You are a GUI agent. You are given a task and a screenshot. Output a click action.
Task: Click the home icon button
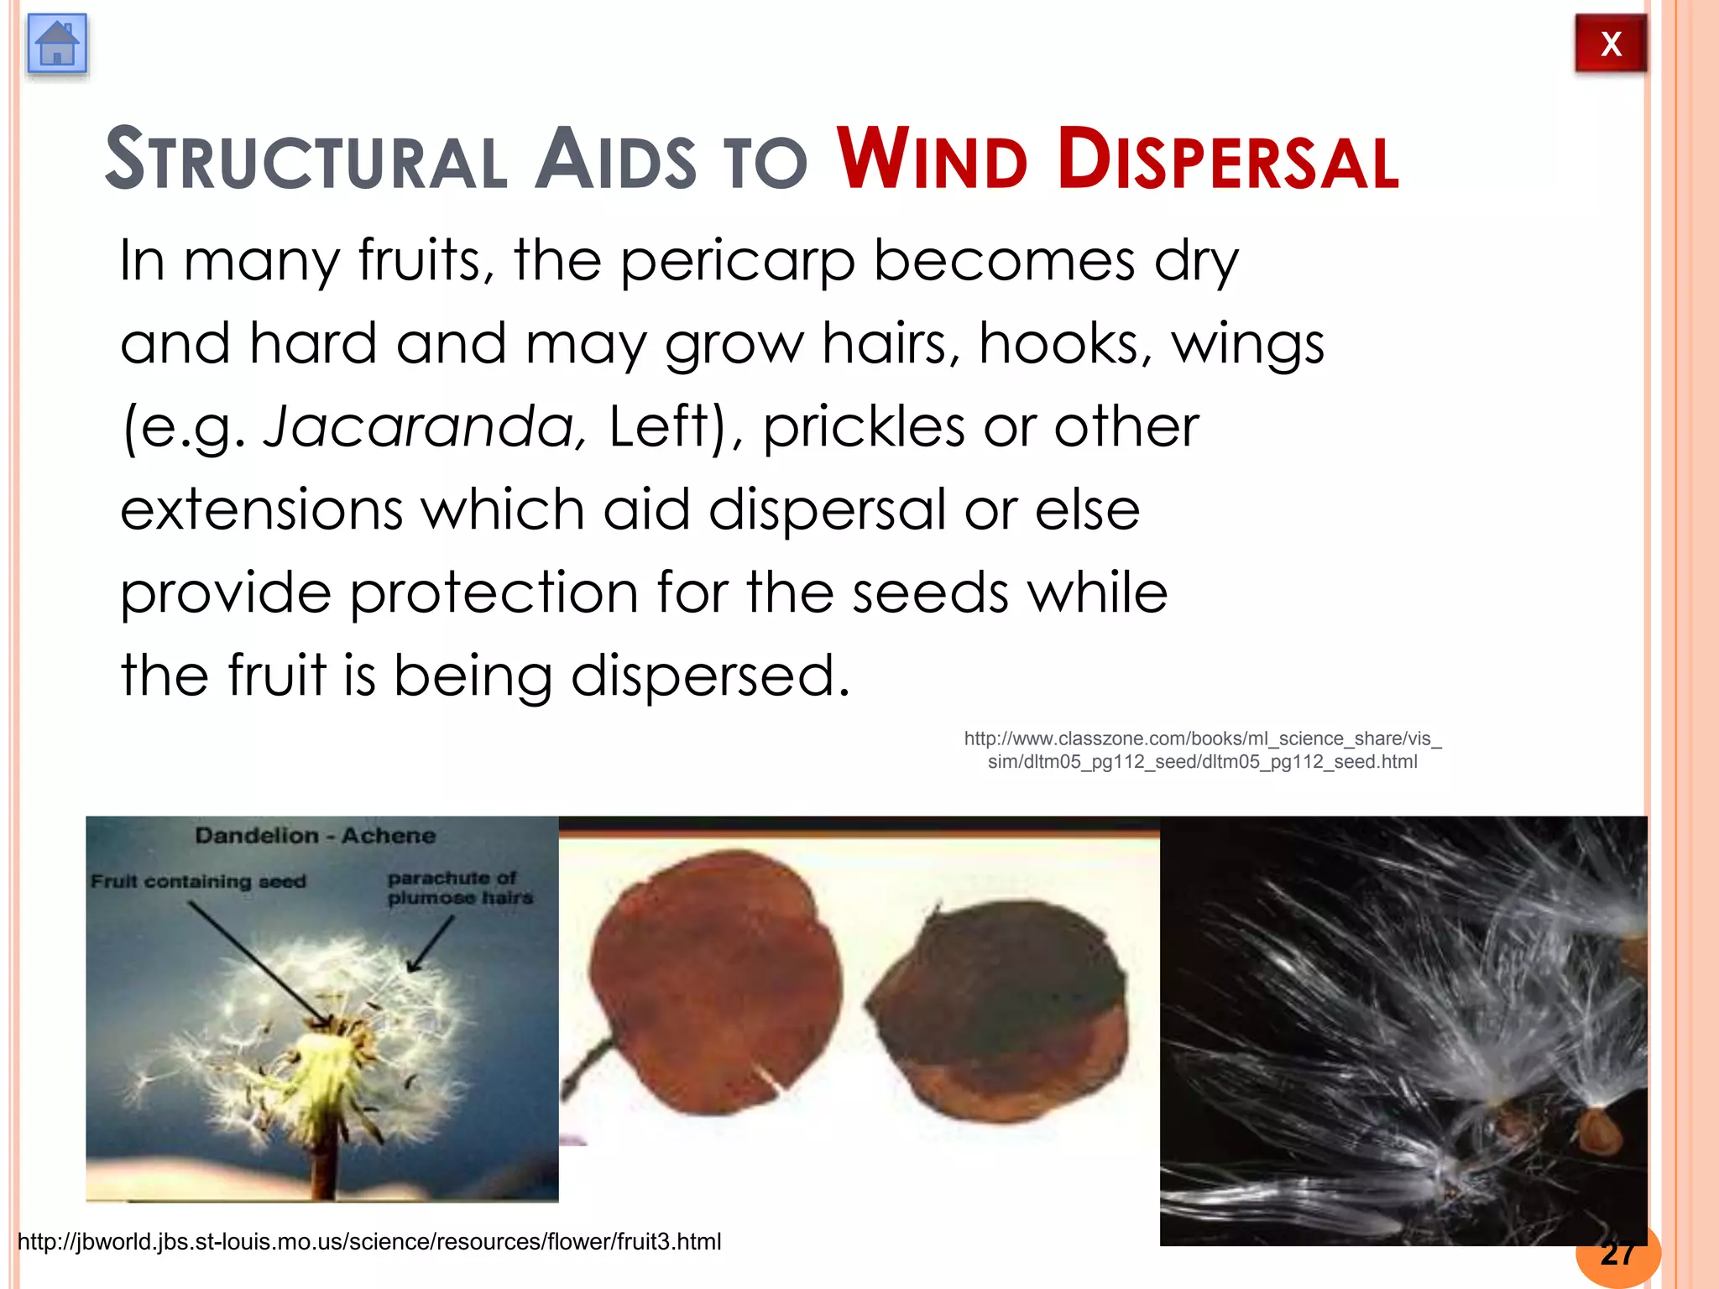tap(57, 44)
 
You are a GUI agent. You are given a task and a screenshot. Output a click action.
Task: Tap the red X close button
tap(1610, 44)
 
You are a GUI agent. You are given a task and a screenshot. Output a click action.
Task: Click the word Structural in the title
tap(306, 159)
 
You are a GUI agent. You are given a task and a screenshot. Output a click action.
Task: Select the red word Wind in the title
tap(932, 159)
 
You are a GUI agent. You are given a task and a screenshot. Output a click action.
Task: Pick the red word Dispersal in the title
tap(1228, 159)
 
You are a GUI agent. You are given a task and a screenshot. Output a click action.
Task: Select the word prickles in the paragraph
tap(864, 426)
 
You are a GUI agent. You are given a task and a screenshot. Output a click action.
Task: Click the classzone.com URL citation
tap(1202, 750)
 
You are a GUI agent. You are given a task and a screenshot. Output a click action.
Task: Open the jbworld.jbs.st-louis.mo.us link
tap(369, 1242)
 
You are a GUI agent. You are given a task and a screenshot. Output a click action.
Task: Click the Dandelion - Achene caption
tap(316, 836)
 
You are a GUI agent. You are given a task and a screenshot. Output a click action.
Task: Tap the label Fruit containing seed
tap(198, 882)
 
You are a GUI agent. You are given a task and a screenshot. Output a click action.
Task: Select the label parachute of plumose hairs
tap(460, 888)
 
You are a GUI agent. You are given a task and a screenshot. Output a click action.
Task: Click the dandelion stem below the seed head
tap(323, 1166)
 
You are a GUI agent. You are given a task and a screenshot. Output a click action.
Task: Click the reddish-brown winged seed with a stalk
tap(713, 982)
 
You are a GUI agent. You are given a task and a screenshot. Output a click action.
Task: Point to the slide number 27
tap(1617, 1254)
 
